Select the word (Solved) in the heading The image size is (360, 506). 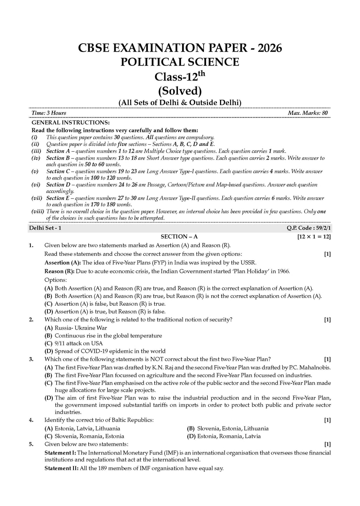point(180,91)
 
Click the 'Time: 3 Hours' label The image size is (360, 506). point(49,113)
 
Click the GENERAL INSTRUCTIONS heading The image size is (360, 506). point(71,122)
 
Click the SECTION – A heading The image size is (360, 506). point(179,236)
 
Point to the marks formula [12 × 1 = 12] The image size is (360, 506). point(314,236)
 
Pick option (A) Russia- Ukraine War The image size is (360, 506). point(81,328)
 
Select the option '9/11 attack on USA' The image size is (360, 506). point(79,343)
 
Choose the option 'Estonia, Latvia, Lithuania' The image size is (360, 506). point(87,428)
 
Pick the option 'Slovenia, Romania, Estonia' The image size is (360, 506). point(89,436)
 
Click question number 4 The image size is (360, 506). point(31,420)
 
